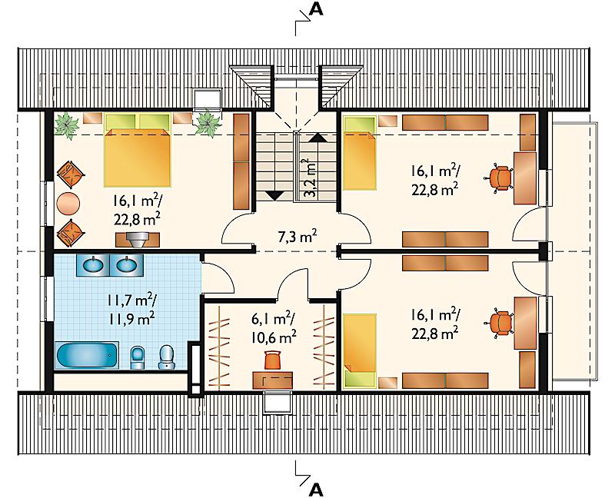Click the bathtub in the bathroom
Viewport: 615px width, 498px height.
[x=87, y=355]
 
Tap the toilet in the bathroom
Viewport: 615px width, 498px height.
[x=167, y=357]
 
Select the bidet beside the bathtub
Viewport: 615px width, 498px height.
[x=138, y=357]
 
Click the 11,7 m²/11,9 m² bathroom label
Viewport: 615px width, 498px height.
[x=131, y=310]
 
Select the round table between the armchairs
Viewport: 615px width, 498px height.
[x=68, y=203]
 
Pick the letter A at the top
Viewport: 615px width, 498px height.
[x=316, y=9]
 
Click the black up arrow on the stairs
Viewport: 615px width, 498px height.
[x=317, y=138]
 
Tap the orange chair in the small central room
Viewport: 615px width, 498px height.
[x=274, y=360]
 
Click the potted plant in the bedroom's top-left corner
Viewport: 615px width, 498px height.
[x=67, y=125]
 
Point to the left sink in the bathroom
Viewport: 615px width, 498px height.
[x=93, y=265]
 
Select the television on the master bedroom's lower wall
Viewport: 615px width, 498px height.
[x=138, y=240]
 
